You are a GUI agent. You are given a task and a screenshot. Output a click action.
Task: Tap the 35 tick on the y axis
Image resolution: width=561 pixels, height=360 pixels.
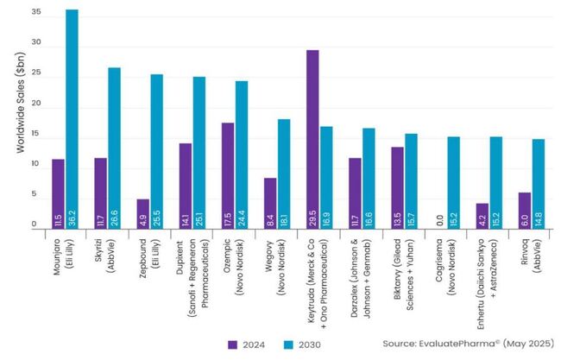click(x=34, y=13)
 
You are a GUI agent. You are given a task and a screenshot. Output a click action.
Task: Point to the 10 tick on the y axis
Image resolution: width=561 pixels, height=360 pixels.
click(x=34, y=164)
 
